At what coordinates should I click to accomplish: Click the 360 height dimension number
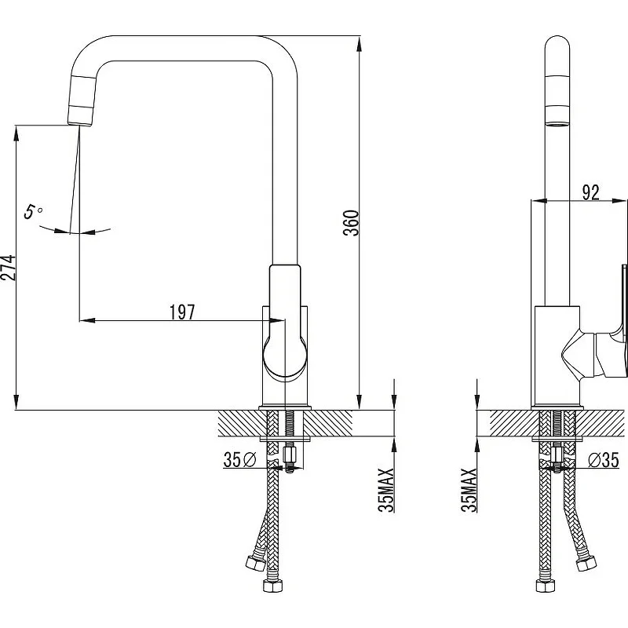[x=352, y=223]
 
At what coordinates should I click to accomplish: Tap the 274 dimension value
[x=8, y=267]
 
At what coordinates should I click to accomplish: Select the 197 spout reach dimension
[x=182, y=312]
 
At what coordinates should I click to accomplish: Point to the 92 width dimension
[x=591, y=192]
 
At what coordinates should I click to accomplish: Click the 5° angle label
[x=33, y=211]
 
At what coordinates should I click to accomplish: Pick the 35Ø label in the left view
[x=239, y=459]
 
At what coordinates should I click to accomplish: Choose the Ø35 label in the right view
[x=604, y=460]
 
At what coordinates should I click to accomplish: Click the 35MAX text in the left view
[x=386, y=490]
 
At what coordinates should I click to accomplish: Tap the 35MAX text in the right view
[x=469, y=490]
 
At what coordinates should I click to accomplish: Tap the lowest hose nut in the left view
[x=272, y=586]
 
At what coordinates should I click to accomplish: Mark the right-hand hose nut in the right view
[x=586, y=564]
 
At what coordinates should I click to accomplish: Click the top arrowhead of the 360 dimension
[x=360, y=43]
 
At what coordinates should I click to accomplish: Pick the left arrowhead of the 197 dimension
[x=87, y=320]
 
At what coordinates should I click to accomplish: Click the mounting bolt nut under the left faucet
[x=288, y=455]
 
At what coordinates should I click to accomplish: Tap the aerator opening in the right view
[x=557, y=123]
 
